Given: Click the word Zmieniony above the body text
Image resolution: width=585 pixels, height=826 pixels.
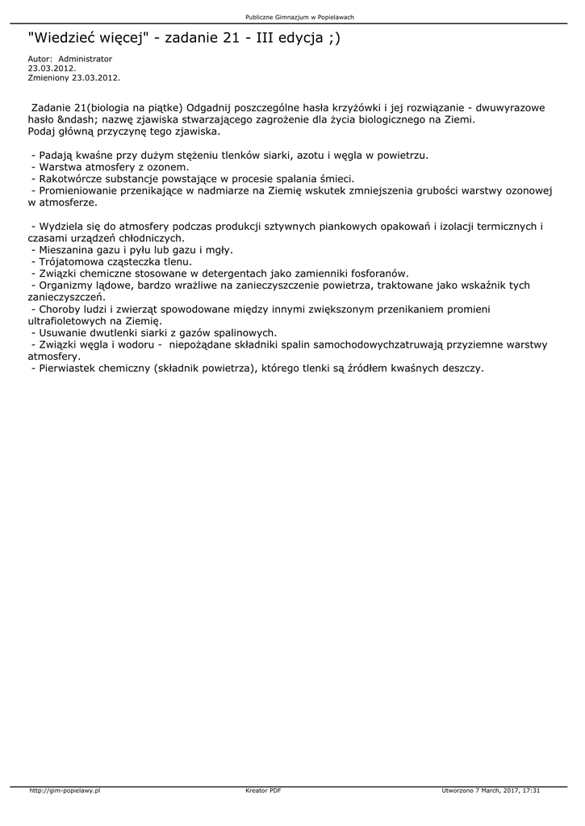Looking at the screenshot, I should (x=48, y=78).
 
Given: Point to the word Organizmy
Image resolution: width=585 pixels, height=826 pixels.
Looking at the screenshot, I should (x=65, y=286).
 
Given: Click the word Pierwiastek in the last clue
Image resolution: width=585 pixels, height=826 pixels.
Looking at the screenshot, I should (x=69, y=368).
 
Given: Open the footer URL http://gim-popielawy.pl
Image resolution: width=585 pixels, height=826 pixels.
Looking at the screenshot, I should (x=65, y=791).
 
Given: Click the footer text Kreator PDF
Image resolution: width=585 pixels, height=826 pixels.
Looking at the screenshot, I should (x=263, y=791).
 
